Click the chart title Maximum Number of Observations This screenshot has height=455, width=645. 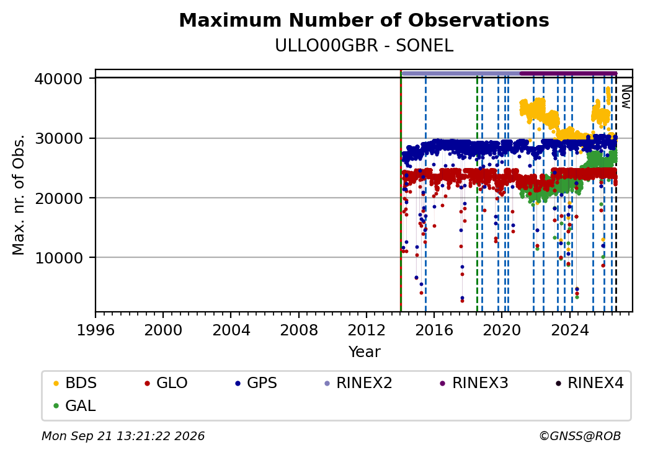tap(364, 20)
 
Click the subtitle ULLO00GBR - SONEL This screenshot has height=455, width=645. tap(364, 46)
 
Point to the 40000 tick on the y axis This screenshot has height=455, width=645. tap(59, 79)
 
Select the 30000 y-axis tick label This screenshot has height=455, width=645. tap(59, 138)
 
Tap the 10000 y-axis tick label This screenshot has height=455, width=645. tap(59, 258)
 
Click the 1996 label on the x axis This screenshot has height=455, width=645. tap(96, 330)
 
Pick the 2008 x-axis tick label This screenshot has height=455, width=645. tap(299, 330)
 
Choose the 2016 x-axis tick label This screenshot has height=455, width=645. tap(434, 330)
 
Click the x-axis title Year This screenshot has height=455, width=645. tap(365, 352)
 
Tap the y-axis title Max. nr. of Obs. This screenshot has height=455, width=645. tap(19, 195)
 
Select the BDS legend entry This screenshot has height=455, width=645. tap(75, 383)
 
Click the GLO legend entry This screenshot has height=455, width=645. tap(166, 383)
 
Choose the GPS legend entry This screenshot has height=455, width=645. tap(256, 383)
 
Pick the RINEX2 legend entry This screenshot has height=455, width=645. tap(358, 383)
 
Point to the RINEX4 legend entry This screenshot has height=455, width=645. tap(589, 383)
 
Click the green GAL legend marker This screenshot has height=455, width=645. tap(56, 406)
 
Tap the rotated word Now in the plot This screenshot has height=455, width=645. tap(626, 97)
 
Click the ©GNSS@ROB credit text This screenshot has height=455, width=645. tap(580, 436)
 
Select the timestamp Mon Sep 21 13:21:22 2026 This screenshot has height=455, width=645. tap(123, 436)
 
